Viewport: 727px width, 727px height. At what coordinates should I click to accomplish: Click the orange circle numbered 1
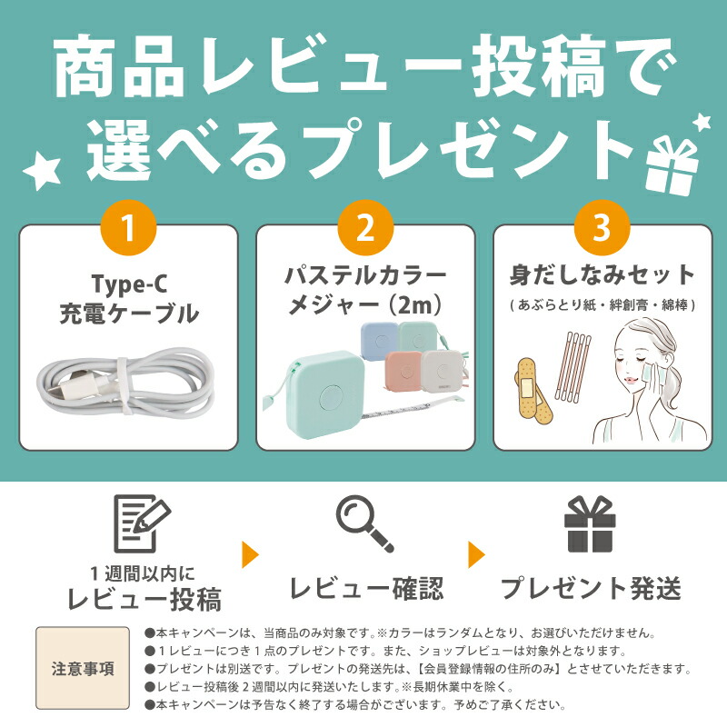click(x=128, y=228)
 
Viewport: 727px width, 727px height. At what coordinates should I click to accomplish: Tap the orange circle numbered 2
click(x=365, y=228)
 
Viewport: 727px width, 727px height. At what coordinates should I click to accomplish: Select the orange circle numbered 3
click(x=602, y=228)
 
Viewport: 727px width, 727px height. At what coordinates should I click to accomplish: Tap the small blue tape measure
click(x=379, y=341)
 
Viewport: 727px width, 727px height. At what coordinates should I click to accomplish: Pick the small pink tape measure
click(x=404, y=371)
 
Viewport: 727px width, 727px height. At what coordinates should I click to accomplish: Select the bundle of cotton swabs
click(x=573, y=366)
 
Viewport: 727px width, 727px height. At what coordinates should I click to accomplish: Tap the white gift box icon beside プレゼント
click(x=672, y=164)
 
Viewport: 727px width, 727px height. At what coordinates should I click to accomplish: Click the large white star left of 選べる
click(x=43, y=173)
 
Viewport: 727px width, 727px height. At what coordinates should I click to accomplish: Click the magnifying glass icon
click(x=364, y=523)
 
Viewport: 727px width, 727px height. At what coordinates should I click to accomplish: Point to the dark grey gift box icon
click(x=590, y=524)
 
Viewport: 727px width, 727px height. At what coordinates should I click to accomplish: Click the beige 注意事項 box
click(x=83, y=668)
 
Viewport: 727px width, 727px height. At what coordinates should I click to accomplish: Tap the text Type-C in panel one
click(x=129, y=284)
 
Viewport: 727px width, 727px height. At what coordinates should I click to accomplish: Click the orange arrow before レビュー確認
click(x=251, y=554)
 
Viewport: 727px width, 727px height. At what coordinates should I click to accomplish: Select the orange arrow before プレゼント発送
click(x=476, y=554)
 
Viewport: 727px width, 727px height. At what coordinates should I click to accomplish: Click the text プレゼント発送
click(x=591, y=588)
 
